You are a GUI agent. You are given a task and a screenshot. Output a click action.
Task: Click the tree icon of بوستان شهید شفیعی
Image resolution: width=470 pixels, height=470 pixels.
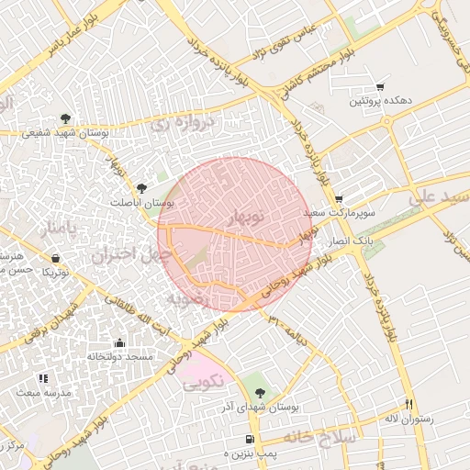tap(65, 118)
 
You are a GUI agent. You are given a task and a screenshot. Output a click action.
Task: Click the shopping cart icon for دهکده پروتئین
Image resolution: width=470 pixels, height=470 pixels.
tap(380, 86)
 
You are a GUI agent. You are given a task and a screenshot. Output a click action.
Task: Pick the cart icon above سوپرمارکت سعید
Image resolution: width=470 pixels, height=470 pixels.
tap(339, 198)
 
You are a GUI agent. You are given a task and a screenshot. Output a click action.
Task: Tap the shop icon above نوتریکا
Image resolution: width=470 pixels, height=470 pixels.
tap(56, 258)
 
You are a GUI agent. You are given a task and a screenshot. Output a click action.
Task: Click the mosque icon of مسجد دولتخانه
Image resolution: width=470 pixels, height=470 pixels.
tap(118, 342)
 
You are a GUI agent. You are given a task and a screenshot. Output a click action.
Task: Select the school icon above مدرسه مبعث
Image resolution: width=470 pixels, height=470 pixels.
tap(43, 378)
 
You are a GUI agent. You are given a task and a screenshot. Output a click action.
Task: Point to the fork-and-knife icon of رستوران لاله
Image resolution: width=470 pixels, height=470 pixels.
tap(408, 405)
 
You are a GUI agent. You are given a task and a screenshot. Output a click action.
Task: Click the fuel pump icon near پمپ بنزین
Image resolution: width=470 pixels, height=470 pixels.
tap(250, 441)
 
